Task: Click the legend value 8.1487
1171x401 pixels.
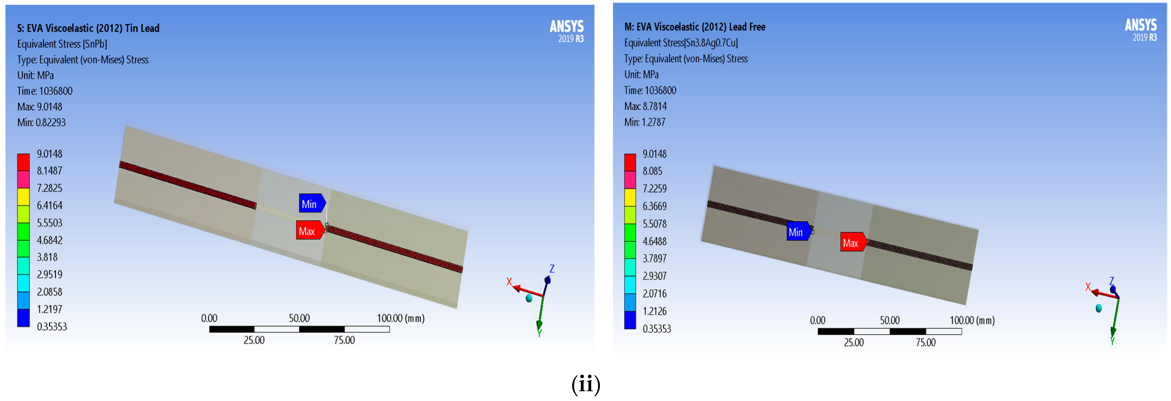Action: coord(49,171)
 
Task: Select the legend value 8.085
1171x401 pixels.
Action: coord(652,171)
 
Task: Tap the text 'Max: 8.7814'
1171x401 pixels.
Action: coord(646,106)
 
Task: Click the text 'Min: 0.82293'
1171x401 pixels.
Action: coord(41,123)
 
